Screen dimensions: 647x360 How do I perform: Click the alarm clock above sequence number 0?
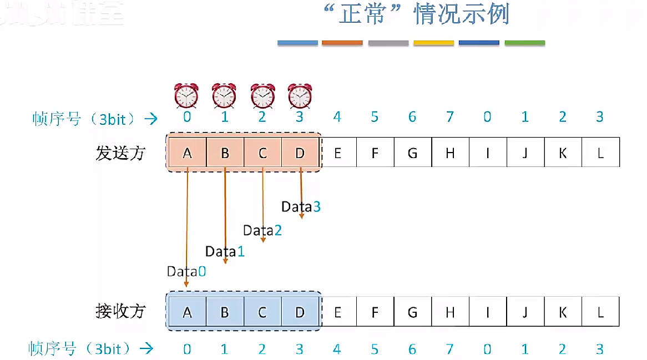[x=186, y=95]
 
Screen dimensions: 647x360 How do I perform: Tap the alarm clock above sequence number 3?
[x=300, y=95]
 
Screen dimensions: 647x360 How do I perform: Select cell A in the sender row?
[x=187, y=153]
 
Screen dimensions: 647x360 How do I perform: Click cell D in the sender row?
[x=300, y=153]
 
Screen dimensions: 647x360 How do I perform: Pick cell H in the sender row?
[x=450, y=153]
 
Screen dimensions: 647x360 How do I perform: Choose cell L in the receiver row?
[x=600, y=312]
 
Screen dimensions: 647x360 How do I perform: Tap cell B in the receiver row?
[x=225, y=312]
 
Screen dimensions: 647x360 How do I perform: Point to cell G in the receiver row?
[x=412, y=312]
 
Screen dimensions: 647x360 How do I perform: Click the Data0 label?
[x=186, y=272]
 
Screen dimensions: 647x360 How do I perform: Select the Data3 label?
[x=301, y=207]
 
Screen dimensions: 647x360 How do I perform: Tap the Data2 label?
[x=262, y=230]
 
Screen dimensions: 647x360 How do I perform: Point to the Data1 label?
[x=225, y=251]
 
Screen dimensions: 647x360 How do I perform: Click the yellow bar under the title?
[x=434, y=43]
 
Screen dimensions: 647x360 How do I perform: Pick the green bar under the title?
[x=525, y=43]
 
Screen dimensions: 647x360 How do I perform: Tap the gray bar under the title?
[x=388, y=43]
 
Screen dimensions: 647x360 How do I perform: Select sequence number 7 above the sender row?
[x=450, y=117]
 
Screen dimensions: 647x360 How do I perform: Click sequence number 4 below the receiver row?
[x=337, y=349]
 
